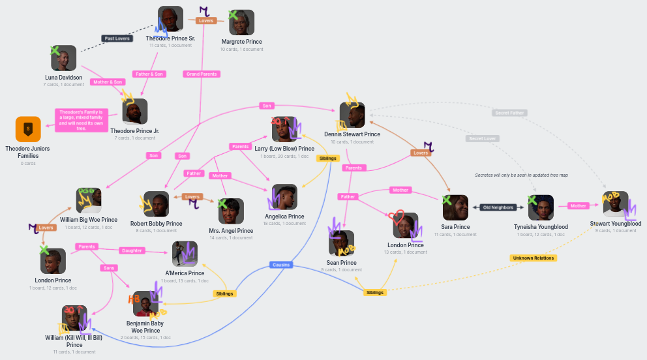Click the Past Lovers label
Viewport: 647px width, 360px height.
(x=117, y=38)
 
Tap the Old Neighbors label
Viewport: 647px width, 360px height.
(x=498, y=207)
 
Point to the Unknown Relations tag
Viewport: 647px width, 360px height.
(x=533, y=258)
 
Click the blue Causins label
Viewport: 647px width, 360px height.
(x=280, y=265)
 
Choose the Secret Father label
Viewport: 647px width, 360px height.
(x=509, y=113)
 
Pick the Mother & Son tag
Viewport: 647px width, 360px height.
(x=108, y=82)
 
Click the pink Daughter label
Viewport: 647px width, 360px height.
(x=132, y=250)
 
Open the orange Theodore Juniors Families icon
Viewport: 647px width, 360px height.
(x=28, y=129)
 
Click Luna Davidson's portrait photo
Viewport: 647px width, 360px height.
(x=64, y=59)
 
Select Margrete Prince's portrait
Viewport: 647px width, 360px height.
(x=241, y=23)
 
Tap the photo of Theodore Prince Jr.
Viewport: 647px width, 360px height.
(x=135, y=112)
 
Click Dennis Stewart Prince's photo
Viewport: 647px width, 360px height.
(x=352, y=115)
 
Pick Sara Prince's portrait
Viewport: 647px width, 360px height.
(x=455, y=208)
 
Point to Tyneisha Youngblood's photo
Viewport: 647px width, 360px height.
(x=541, y=208)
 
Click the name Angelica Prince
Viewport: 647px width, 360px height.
(x=284, y=217)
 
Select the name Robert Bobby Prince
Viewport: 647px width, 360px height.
(x=156, y=224)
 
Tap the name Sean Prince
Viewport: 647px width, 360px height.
(x=342, y=263)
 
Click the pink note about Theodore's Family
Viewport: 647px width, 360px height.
(x=82, y=120)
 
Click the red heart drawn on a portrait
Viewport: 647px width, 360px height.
(x=397, y=217)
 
